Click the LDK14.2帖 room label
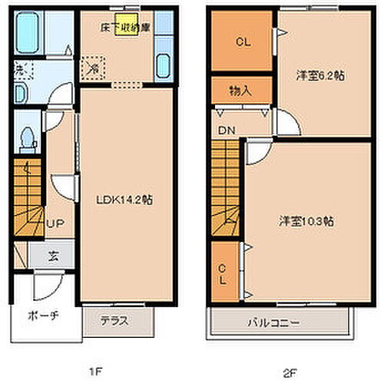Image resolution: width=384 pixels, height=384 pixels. [124, 200]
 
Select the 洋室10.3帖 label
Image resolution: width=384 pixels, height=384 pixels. [306, 220]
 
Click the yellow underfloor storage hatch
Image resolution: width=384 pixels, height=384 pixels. [122, 21]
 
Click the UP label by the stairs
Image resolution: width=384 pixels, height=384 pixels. [55, 223]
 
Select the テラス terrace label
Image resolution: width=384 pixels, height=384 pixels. [113, 322]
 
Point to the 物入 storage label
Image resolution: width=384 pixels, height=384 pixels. [240, 90]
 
